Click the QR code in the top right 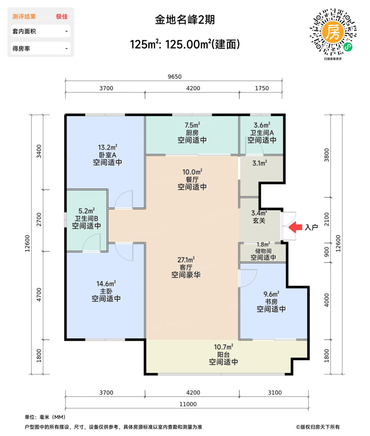333,32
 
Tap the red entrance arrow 296,227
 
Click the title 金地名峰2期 185,20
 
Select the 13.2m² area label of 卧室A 107,147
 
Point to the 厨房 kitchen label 192,133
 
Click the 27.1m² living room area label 186,260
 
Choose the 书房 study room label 271,302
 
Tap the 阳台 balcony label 223,355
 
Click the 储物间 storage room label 263,251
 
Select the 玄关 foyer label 259,221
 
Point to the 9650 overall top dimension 174,77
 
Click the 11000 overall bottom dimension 188,404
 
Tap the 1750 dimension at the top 262,88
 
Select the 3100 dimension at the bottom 275,393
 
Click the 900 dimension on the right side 326,252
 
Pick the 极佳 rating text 62,17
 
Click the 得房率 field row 40,49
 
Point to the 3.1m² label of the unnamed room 259,163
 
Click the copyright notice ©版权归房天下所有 318,427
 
